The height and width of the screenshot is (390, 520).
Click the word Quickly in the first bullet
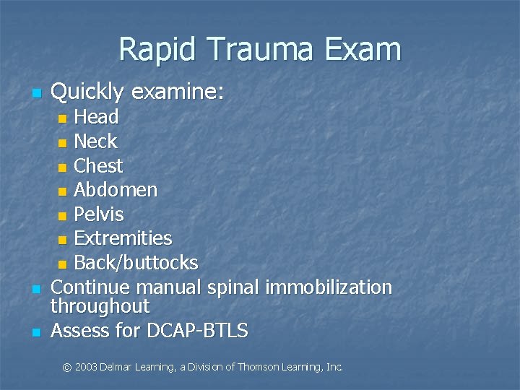click(87, 92)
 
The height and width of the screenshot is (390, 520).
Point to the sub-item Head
click(97, 117)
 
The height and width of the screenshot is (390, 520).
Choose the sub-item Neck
click(95, 142)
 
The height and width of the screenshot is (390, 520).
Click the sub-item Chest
click(99, 166)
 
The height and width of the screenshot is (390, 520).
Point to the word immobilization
click(329, 287)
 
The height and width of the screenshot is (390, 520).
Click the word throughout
click(100, 306)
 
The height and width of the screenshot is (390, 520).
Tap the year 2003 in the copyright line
click(87, 368)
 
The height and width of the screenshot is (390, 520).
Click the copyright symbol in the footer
click(67, 368)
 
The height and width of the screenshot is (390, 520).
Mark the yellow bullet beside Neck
click(63, 142)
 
